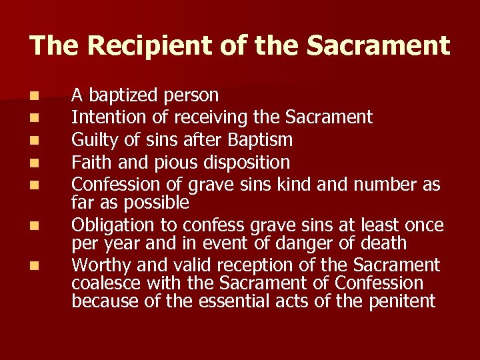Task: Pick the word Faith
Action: (91, 161)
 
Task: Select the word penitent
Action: (395, 301)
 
